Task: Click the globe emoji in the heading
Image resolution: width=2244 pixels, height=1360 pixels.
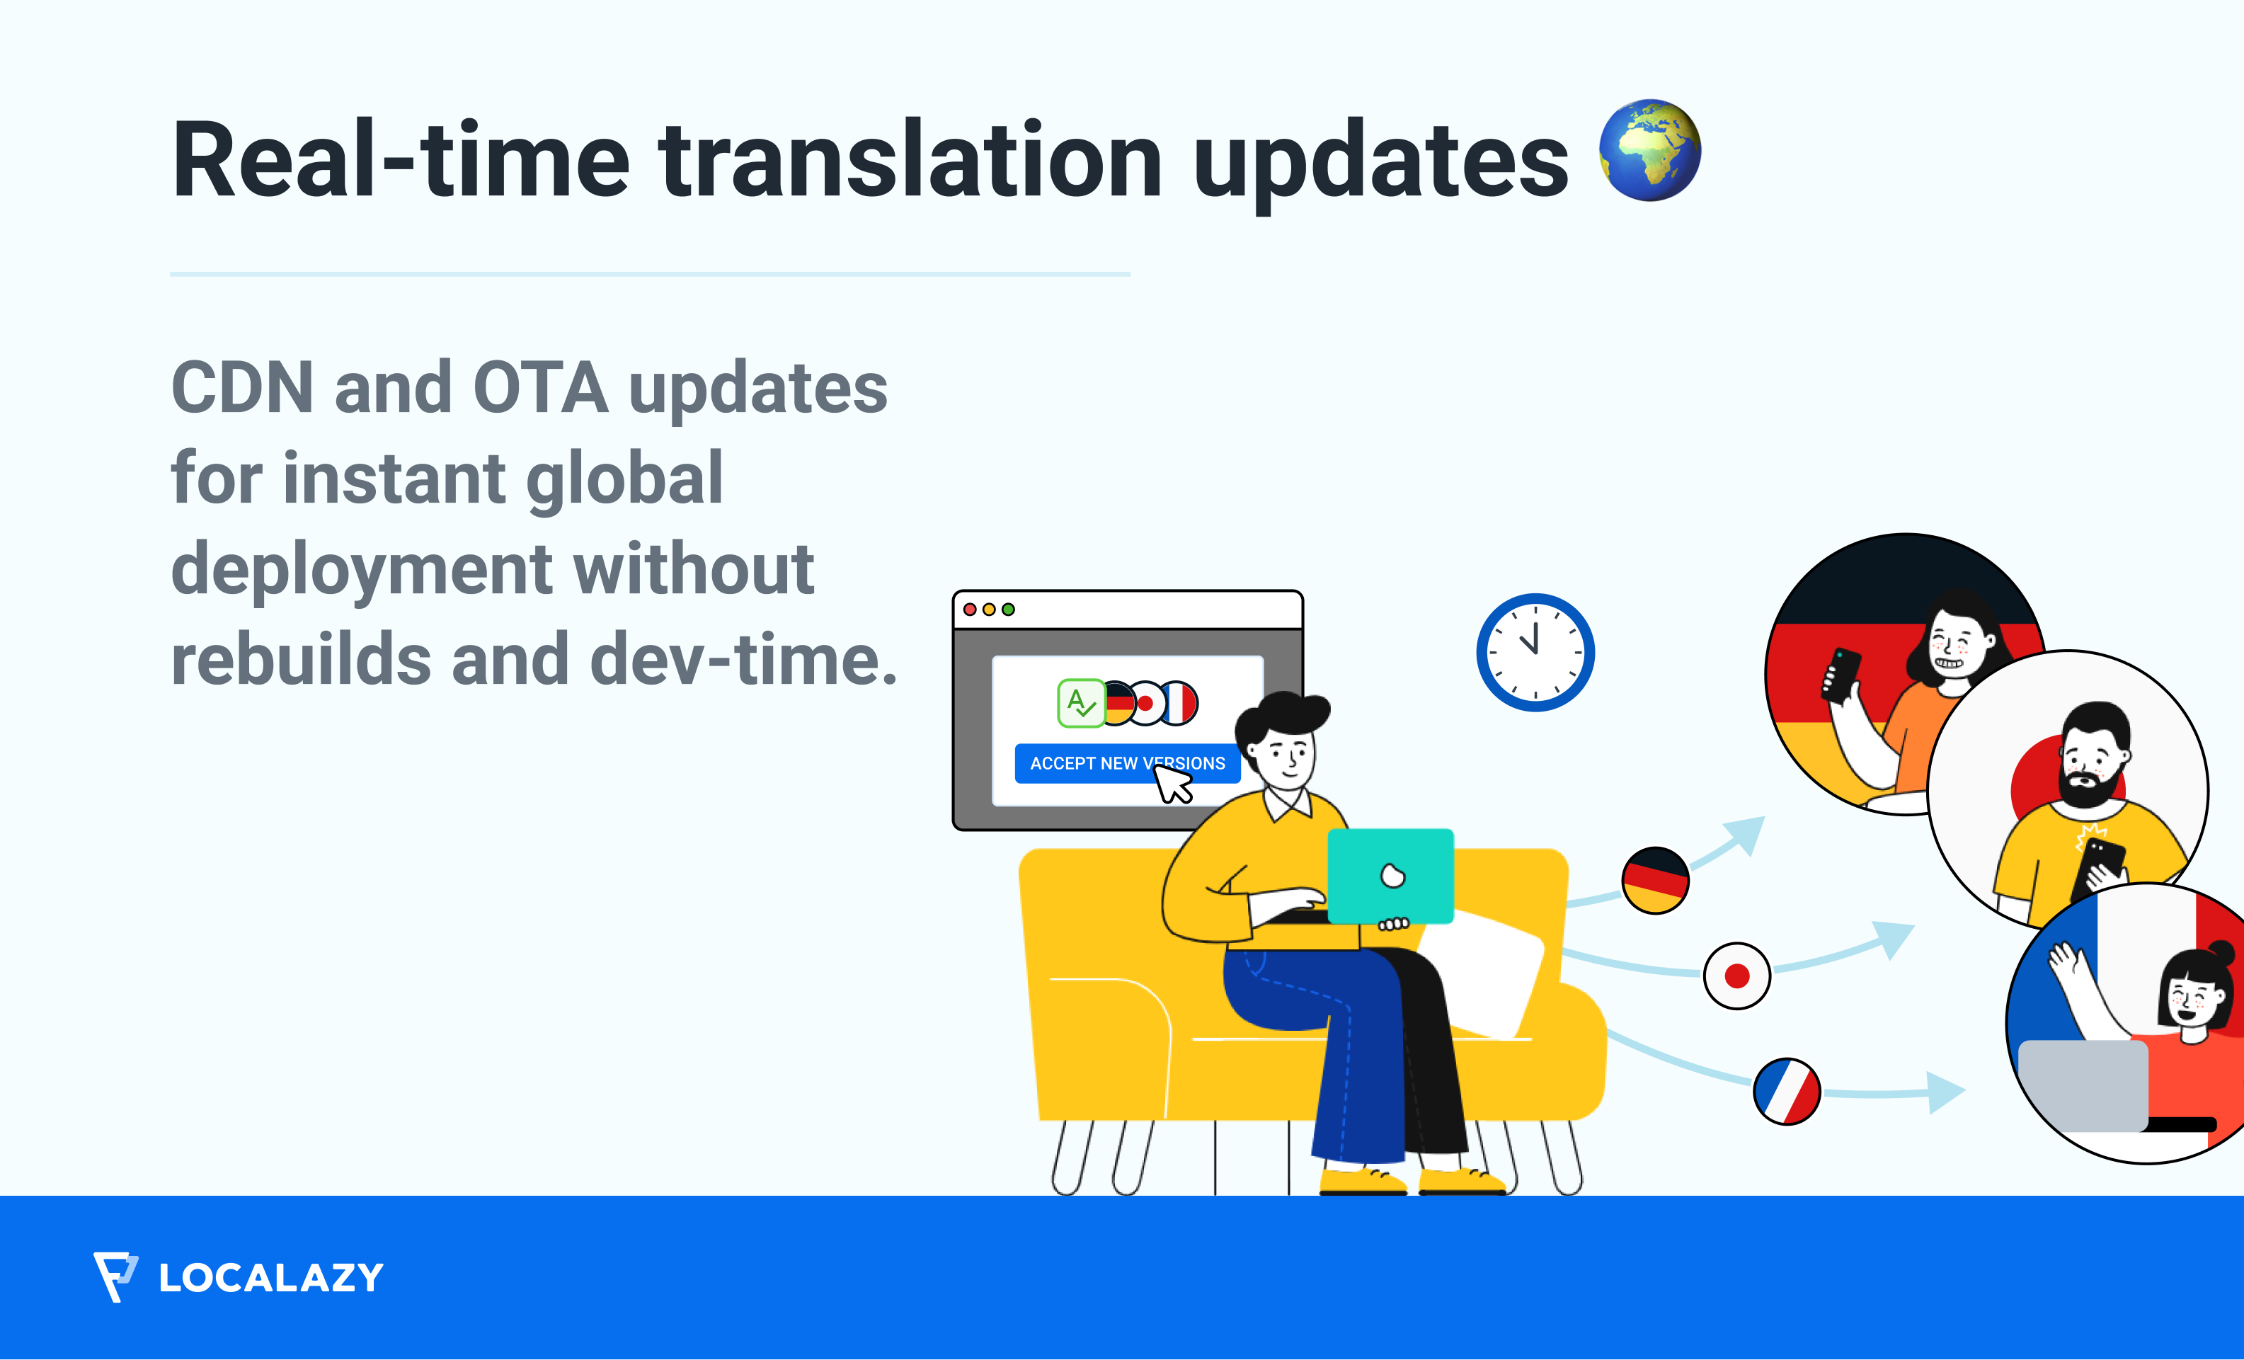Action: [1649, 150]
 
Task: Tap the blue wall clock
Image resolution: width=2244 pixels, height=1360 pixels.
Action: [1535, 652]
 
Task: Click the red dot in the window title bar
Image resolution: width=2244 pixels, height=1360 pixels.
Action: [970, 610]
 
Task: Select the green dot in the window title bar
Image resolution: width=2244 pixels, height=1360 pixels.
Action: [1008, 610]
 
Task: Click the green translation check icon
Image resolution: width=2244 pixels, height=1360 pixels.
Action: [1081, 703]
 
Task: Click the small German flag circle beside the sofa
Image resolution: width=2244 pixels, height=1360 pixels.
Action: [1655, 880]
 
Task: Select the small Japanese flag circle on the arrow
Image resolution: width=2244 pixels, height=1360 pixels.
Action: [1736, 976]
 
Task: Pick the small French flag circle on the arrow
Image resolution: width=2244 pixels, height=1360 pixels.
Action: [1787, 1091]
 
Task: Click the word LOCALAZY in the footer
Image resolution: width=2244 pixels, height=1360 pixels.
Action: [271, 1278]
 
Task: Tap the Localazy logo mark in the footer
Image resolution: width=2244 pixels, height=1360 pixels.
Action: [115, 1276]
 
